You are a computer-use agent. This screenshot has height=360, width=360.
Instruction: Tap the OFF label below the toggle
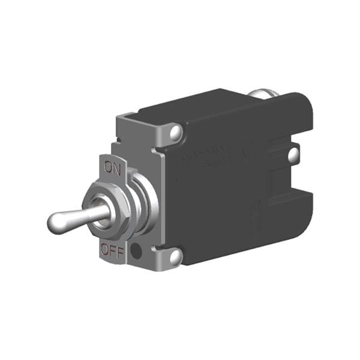click(113, 250)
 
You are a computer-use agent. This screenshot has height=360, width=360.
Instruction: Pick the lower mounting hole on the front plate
click(175, 257)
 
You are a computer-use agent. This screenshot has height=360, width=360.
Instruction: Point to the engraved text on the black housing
click(207, 157)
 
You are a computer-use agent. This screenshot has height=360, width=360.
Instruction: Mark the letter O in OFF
click(105, 251)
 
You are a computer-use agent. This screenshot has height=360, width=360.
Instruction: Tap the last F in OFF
click(120, 250)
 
